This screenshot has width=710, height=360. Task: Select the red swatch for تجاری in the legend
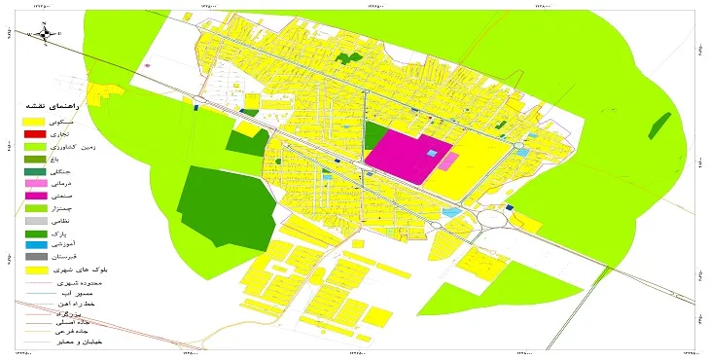tap(34, 132)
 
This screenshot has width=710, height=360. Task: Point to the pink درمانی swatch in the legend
tap(34, 183)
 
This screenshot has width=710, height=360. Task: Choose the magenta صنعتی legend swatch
tap(34, 196)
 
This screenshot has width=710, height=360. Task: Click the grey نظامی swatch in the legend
tap(34, 221)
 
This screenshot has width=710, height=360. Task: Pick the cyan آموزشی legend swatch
tap(34, 246)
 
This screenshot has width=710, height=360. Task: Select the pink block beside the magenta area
tap(448, 161)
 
